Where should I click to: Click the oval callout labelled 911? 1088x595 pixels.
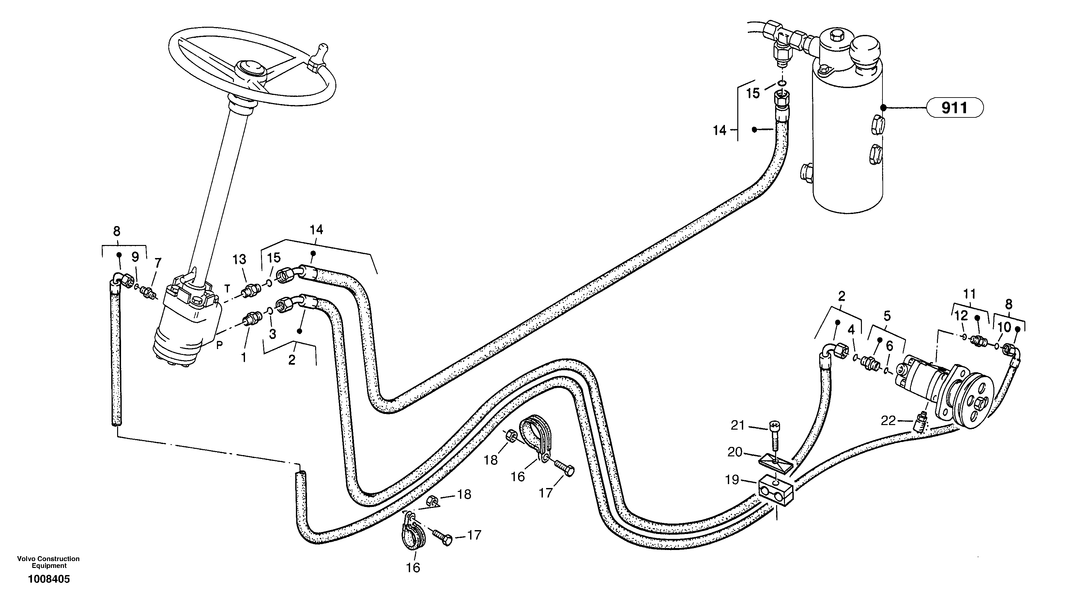pos(955,108)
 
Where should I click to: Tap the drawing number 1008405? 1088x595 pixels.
pos(49,579)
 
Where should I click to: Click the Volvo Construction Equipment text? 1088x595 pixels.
pos(48,562)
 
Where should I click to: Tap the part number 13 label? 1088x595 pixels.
pos(239,259)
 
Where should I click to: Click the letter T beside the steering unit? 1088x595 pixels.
pos(227,288)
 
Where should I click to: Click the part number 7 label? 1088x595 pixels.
pos(158,263)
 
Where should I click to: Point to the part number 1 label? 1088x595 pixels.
pos(244,358)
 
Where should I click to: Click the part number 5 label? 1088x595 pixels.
pos(887,315)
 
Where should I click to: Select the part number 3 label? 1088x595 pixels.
pos(272,334)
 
